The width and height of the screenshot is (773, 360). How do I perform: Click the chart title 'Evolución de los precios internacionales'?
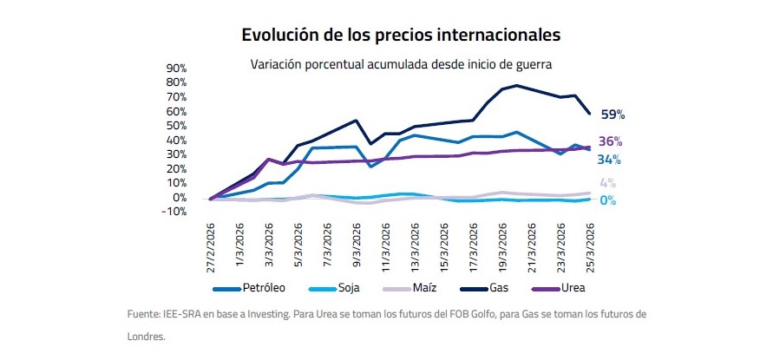[x=401, y=36]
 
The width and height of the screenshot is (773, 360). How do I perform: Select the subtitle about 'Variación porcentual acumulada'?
[x=402, y=64]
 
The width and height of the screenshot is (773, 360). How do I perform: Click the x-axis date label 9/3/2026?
[x=356, y=250]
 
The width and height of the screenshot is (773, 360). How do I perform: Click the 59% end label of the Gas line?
[x=613, y=115]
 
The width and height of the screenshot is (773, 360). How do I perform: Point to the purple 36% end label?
[x=611, y=141]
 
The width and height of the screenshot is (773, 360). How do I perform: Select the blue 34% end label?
[x=609, y=160]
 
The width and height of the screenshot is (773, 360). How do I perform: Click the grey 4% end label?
[x=607, y=183]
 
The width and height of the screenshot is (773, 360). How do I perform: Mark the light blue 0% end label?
[x=607, y=200]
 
